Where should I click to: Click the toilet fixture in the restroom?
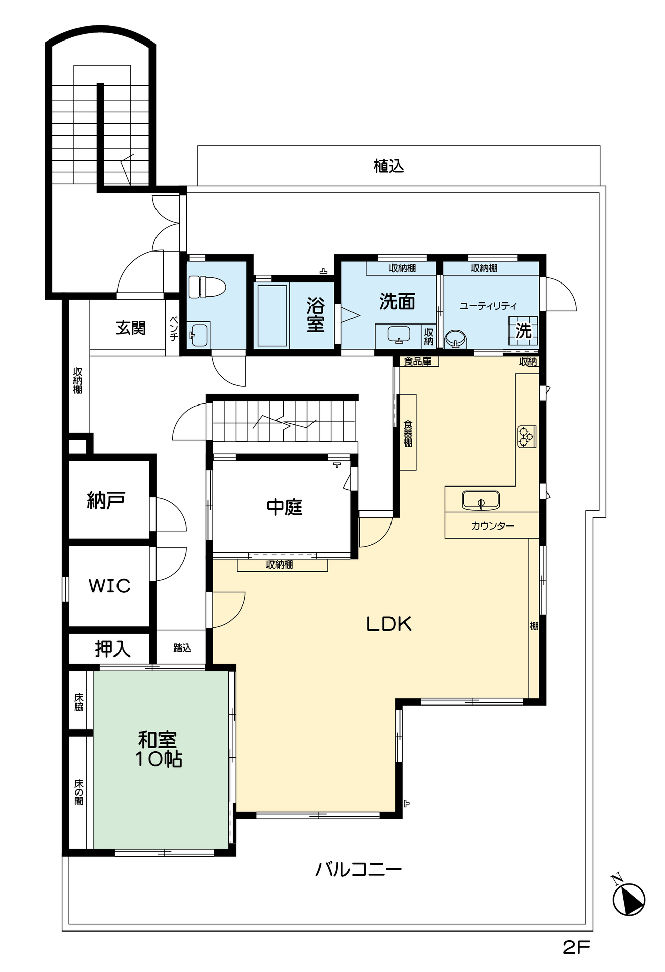click(x=201, y=287)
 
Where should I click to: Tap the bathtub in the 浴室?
click(x=272, y=315)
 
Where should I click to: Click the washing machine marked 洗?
click(x=523, y=330)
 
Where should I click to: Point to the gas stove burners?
click(x=526, y=436)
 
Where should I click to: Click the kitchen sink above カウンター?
click(x=481, y=500)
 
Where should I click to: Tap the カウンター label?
click(x=492, y=525)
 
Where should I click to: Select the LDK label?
click(x=388, y=624)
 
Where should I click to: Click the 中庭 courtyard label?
click(x=285, y=507)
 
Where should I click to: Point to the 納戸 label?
click(x=106, y=500)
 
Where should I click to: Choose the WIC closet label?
click(x=109, y=586)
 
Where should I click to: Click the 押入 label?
click(x=112, y=649)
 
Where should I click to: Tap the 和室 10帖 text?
click(x=158, y=750)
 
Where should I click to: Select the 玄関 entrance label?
click(x=131, y=328)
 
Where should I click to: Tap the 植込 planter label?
click(x=388, y=166)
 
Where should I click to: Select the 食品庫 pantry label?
click(x=417, y=361)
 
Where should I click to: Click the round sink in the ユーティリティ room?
click(x=456, y=339)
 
